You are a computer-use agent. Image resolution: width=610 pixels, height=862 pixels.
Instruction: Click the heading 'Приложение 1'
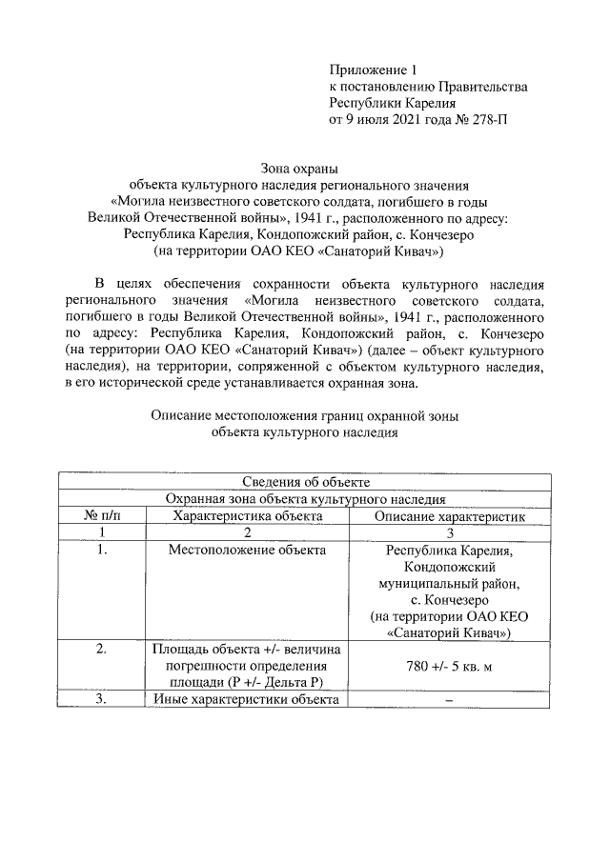(374, 70)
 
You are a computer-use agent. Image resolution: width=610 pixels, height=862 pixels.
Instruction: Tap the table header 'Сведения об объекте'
(305, 482)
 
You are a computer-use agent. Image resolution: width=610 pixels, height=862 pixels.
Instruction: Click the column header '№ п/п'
(103, 515)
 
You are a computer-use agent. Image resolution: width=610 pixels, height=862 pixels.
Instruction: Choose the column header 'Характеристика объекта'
(247, 515)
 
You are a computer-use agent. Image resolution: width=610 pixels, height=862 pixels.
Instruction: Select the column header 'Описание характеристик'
(448, 515)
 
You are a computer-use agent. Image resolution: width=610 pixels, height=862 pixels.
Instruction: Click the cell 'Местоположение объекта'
(247, 550)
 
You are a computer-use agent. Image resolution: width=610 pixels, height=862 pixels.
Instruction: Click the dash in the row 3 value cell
(448, 702)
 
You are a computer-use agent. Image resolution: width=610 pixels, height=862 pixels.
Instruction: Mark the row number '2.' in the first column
(103, 649)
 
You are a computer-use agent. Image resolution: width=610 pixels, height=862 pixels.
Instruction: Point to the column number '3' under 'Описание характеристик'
(448, 532)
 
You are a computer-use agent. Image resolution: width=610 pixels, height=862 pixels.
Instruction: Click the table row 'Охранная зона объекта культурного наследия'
(305, 498)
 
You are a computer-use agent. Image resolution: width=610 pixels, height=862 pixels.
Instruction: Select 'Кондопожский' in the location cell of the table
(448, 567)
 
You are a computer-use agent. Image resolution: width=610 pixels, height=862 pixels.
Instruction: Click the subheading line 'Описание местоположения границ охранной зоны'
(305, 414)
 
